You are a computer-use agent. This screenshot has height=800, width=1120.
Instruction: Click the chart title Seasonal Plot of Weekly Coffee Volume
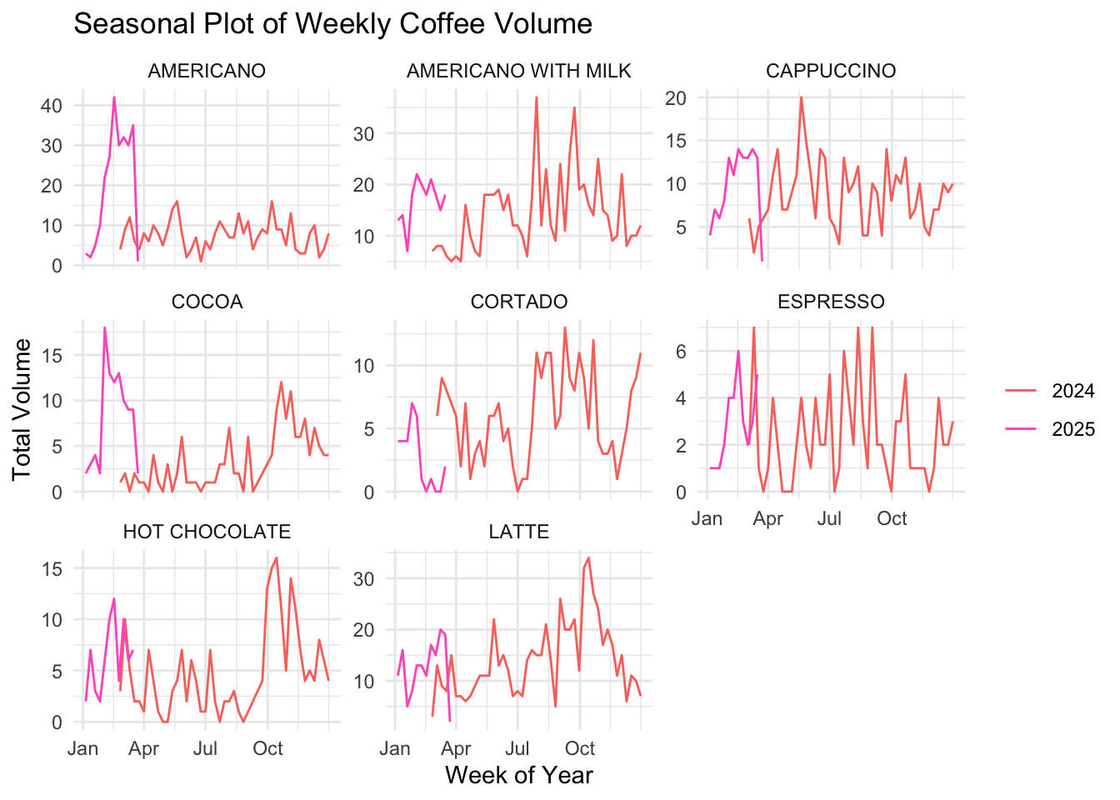tap(332, 24)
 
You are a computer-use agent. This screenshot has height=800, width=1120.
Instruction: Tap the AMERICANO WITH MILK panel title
tap(518, 72)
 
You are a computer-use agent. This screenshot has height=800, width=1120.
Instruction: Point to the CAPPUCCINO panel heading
tap(831, 72)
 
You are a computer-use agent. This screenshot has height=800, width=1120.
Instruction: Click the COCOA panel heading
tap(207, 302)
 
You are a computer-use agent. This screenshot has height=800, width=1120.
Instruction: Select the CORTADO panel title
tap(518, 302)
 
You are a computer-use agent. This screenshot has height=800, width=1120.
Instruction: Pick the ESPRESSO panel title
tap(831, 302)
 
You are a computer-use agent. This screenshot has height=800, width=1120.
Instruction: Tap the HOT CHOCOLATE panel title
tap(207, 532)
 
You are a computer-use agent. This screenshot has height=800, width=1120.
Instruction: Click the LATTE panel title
tap(518, 532)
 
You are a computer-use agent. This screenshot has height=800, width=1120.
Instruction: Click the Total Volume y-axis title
tap(22, 408)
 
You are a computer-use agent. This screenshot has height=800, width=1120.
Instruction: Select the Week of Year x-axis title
tap(518, 776)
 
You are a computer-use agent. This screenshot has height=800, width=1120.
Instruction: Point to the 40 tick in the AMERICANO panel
tap(52, 106)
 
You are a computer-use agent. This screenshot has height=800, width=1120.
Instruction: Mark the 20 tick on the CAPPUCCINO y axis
tap(675, 98)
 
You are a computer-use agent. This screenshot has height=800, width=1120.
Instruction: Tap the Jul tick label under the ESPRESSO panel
tap(829, 519)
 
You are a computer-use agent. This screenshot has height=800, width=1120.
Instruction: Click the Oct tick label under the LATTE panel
tap(580, 748)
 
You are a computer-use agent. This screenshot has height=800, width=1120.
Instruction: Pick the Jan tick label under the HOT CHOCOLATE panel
tap(83, 748)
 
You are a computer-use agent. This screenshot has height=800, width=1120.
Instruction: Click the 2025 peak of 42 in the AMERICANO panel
tap(114, 97)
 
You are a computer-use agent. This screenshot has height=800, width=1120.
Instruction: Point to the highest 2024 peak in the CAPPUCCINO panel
tap(801, 97)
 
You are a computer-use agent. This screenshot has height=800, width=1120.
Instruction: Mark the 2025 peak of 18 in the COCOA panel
tap(104, 327)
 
